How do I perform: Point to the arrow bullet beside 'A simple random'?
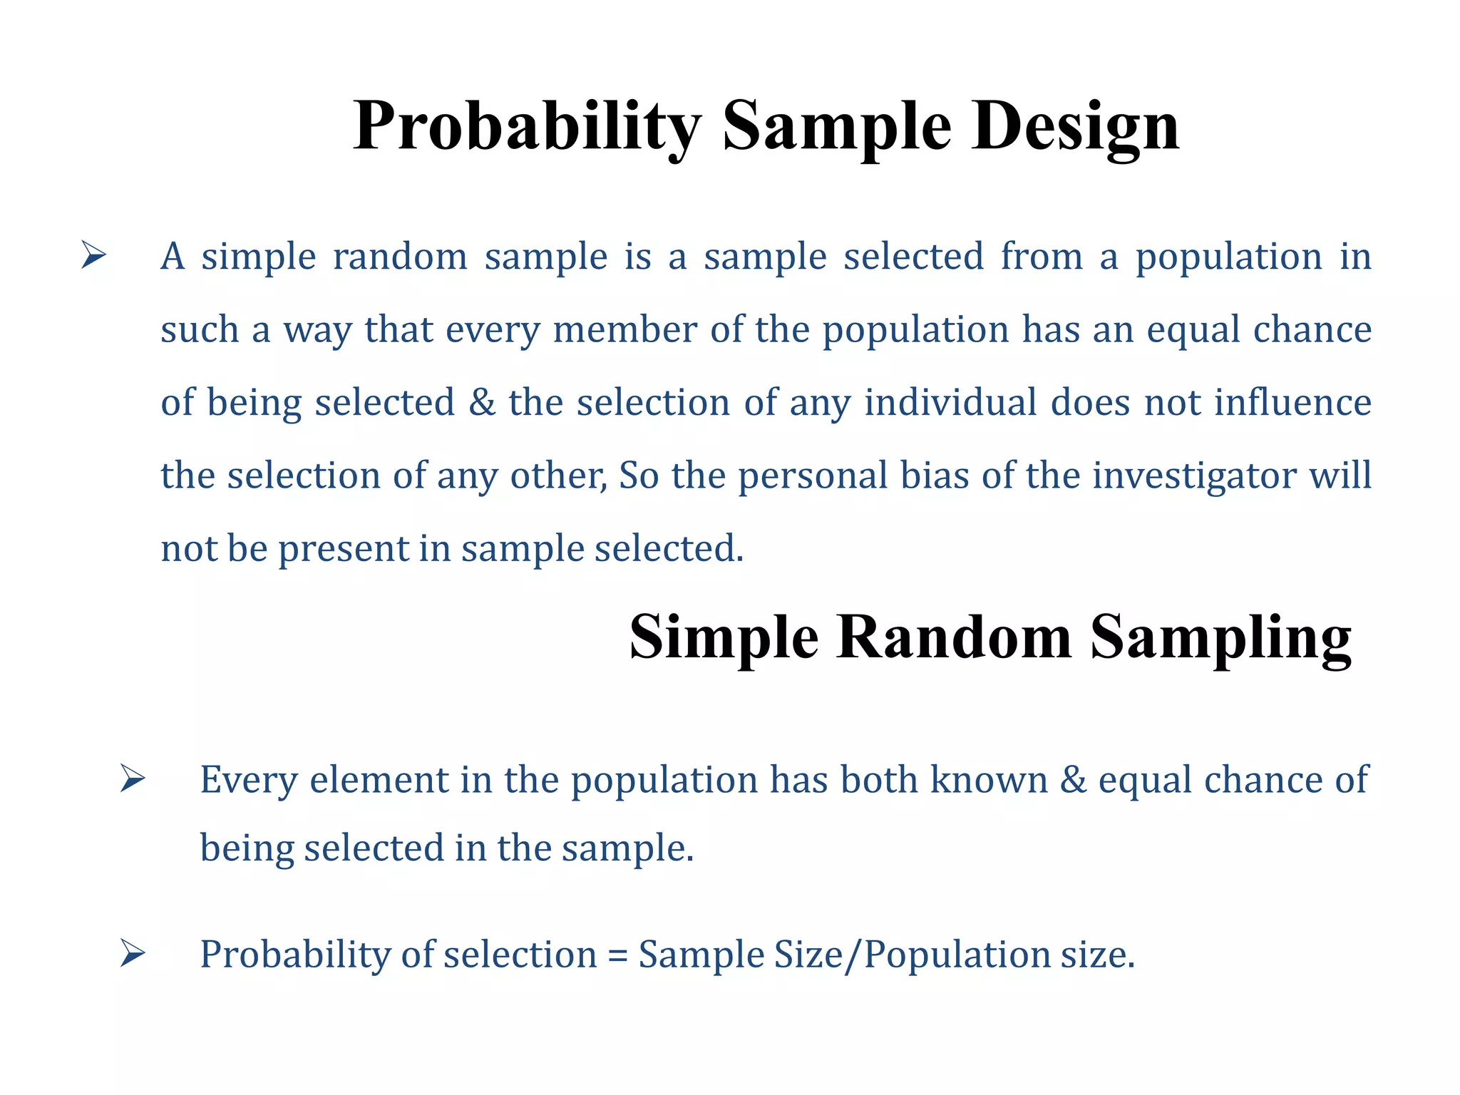[x=93, y=255]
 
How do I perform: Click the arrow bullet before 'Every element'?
[x=133, y=778]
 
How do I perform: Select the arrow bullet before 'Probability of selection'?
[x=133, y=954]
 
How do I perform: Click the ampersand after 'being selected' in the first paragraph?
[x=482, y=403]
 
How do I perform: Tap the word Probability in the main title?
[x=528, y=127]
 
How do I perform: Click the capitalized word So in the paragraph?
[x=639, y=476]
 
